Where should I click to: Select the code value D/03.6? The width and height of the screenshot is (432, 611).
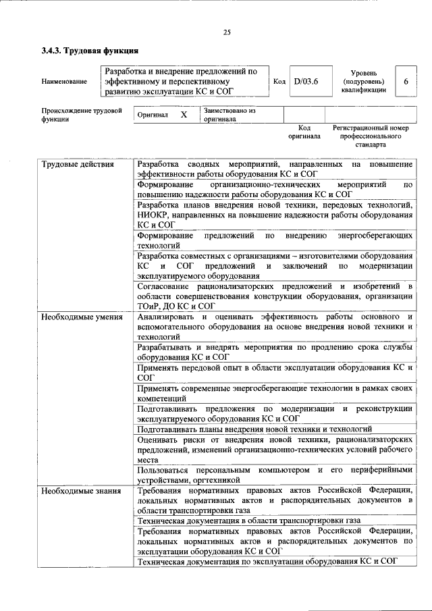tap(306, 82)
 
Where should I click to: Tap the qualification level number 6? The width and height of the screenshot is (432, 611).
tap(406, 82)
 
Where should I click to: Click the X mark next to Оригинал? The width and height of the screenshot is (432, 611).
tap(183, 115)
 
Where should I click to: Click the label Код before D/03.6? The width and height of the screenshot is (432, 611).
tap(279, 82)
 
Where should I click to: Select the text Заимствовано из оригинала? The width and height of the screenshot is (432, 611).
tap(229, 115)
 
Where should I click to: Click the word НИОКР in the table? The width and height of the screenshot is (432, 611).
tap(153, 215)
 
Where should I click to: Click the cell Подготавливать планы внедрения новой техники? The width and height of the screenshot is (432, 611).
tap(254, 429)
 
